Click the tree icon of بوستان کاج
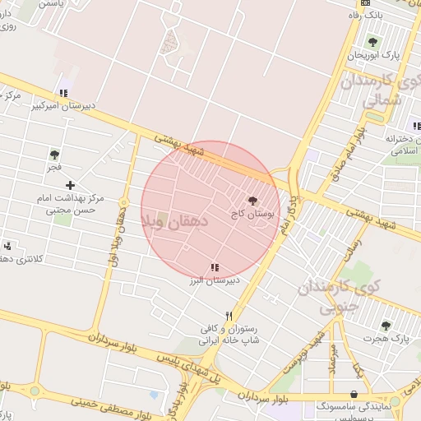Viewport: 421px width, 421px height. (252, 200)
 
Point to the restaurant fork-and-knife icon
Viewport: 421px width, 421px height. (230, 315)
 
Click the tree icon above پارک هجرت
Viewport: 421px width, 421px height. (386, 326)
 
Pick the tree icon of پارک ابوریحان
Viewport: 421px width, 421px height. (373, 42)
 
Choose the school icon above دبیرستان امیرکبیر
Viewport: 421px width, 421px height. (63, 93)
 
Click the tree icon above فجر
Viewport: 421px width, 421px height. (54, 154)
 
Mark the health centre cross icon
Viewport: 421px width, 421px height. (71, 186)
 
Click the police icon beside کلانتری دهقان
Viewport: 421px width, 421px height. (8, 245)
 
